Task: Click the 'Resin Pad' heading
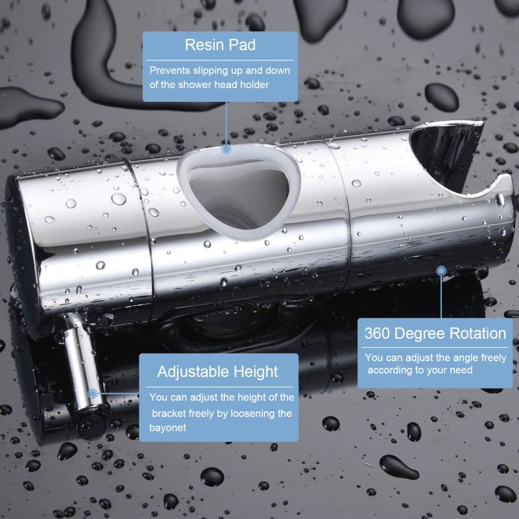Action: point(220,45)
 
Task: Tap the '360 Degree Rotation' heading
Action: point(435,333)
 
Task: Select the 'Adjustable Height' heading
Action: point(217,372)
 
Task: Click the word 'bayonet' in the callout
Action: point(167,428)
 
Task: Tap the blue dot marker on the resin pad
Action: point(226,149)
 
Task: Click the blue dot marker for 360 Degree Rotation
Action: point(441,271)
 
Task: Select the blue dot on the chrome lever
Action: point(93,394)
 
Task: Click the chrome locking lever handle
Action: point(83,363)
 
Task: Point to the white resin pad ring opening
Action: point(238,192)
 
